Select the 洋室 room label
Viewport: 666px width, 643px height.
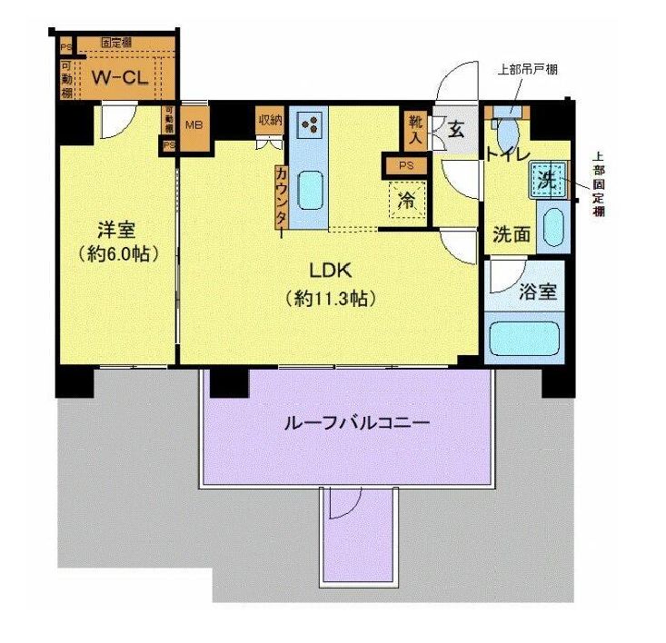[113, 227]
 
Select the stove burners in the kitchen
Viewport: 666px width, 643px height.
[309, 126]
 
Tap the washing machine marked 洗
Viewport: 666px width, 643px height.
[547, 179]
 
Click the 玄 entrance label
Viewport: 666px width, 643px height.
[456, 129]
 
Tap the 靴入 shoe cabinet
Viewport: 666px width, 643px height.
[414, 128]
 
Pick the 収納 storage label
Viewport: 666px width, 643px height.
[270, 120]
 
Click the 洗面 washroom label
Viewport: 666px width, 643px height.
[512, 233]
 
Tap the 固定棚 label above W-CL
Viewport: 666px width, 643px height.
[118, 43]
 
